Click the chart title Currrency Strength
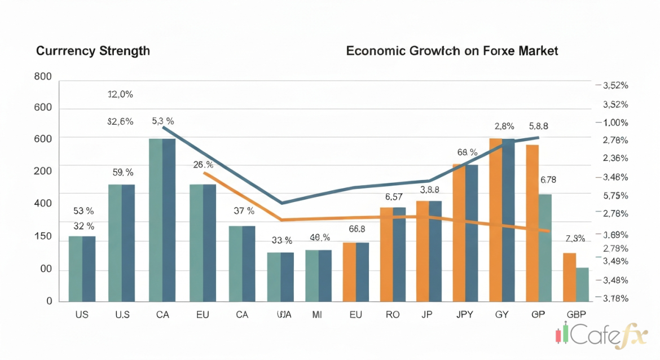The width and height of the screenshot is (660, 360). click(x=93, y=51)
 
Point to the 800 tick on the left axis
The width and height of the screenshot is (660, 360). click(x=43, y=77)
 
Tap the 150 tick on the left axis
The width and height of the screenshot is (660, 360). click(x=43, y=236)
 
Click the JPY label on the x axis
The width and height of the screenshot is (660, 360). click(x=465, y=315)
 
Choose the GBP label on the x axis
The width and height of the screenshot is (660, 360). click(x=575, y=315)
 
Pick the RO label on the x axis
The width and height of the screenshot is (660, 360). click(x=393, y=315)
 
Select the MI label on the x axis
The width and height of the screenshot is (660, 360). click(x=317, y=315)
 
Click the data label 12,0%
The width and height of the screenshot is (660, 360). click(x=120, y=95)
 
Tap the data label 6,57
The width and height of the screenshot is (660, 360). click(x=394, y=197)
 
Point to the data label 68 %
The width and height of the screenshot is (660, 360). click(x=468, y=152)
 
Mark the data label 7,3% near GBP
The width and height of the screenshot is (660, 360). click(x=575, y=239)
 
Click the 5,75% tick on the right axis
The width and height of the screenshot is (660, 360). click(x=615, y=196)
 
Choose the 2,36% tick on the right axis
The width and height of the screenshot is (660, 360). click(x=615, y=159)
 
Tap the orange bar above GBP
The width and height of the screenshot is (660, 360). click(x=569, y=276)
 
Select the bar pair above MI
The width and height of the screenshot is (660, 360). click(x=318, y=275)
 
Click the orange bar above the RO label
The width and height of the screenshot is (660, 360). click(x=386, y=254)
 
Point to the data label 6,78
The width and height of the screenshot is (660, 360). click(x=548, y=181)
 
